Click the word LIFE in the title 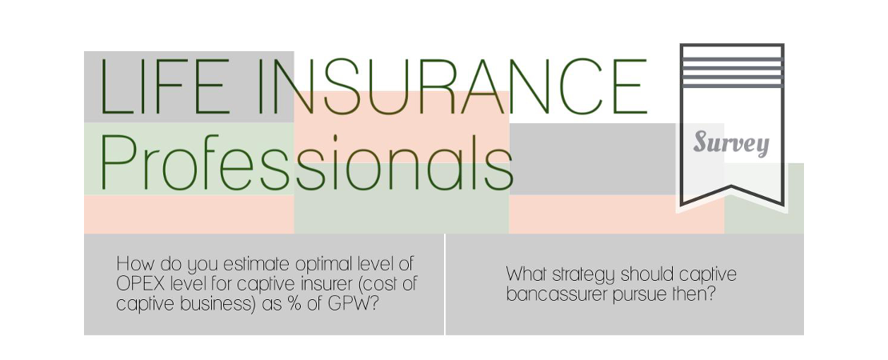[165, 86]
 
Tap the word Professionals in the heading [306, 164]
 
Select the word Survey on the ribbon [731, 142]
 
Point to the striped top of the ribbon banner [732, 66]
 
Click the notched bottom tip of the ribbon [732, 186]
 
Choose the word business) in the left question [220, 304]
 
